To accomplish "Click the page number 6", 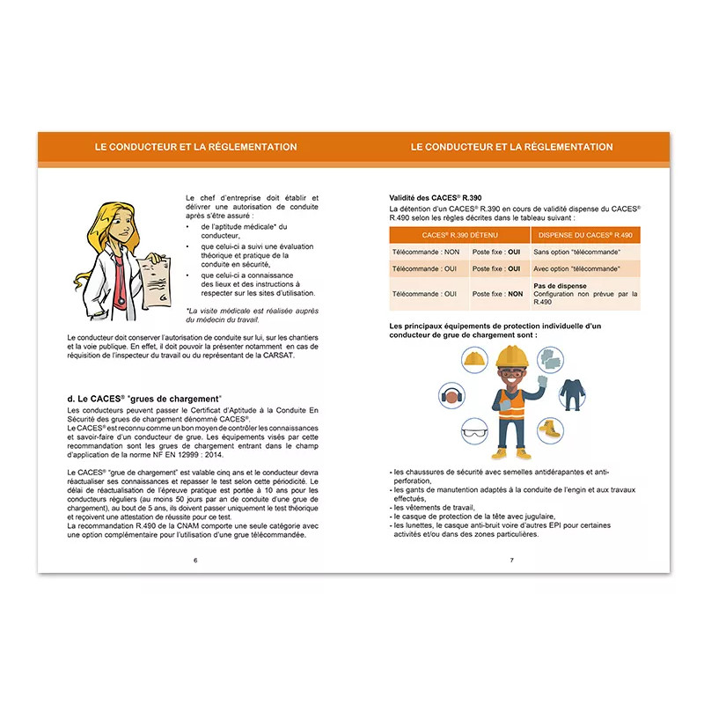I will tap(195, 560).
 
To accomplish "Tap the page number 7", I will tap(510, 560).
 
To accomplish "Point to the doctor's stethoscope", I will tap(117, 273).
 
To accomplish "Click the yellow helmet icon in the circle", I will tap(474, 358).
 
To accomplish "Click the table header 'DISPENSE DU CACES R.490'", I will tap(586, 235).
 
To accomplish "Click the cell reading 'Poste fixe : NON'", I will tap(497, 294).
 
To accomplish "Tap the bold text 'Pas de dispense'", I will tap(560, 286).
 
